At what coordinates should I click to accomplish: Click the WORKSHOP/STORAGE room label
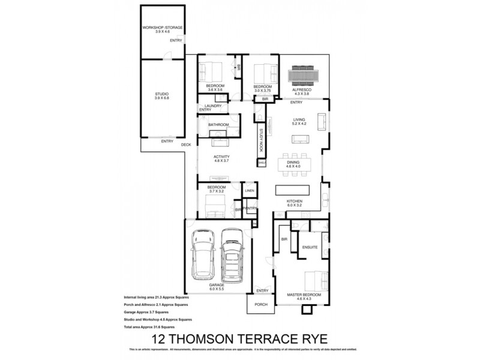(x=162, y=28)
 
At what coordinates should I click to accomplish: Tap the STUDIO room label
(x=162, y=94)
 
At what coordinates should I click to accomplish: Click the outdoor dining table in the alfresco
(x=303, y=77)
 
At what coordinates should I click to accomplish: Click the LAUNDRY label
(x=213, y=106)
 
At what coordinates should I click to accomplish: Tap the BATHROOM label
(x=218, y=125)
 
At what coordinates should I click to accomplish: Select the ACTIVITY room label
(x=222, y=157)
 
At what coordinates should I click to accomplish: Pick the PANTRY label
(x=251, y=208)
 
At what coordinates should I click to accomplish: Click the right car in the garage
(x=230, y=256)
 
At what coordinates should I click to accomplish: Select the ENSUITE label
(x=310, y=247)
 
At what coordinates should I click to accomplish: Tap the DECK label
(x=186, y=145)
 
